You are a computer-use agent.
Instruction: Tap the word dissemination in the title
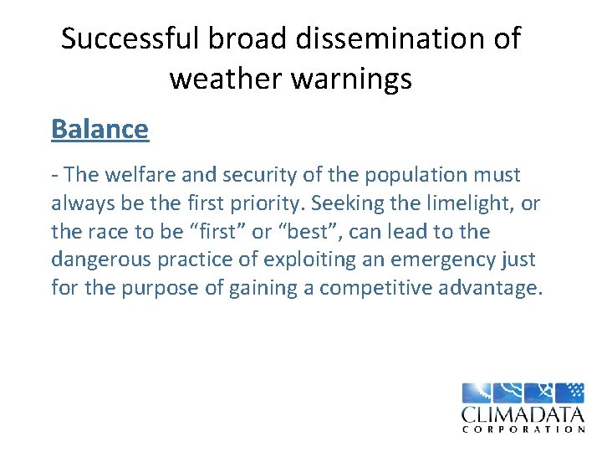[367, 39]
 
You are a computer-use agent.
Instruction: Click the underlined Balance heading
[99, 129]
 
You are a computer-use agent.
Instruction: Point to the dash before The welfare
[54, 176]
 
